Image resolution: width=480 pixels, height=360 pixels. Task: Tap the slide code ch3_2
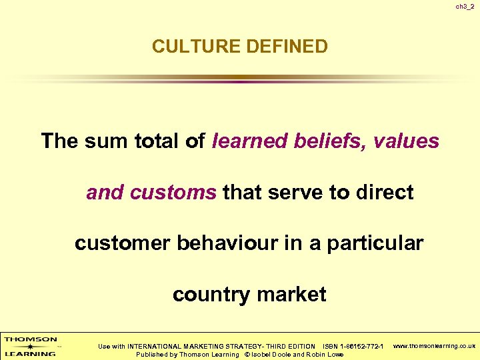tap(465, 7)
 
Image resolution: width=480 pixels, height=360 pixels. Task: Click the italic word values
tap(406, 141)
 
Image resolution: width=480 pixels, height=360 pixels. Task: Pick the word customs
tap(174, 193)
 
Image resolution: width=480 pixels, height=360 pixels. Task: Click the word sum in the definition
tap(105, 141)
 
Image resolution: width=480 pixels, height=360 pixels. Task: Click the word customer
tap(123, 243)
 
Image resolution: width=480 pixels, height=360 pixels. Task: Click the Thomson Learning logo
tap(31, 346)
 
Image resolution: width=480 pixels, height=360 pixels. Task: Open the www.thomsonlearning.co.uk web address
tap(434, 346)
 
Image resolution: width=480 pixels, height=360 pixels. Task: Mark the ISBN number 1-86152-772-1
tap(362, 347)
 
